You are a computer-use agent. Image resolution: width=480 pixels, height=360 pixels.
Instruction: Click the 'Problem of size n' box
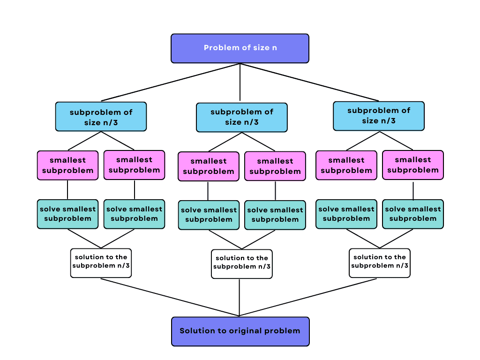pyautogui.click(x=240, y=48)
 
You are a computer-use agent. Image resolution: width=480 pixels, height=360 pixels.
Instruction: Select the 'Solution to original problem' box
pyautogui.click(x=240, y=331)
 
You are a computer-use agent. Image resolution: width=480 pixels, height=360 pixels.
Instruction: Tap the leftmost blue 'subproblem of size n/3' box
pyautogui.click(x=101, y=117)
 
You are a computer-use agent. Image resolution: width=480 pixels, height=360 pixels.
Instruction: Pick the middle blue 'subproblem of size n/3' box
pyautogui.click(x=241, y=117)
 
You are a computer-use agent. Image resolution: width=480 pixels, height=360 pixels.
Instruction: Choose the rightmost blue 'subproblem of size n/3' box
pyautogui.click(x=378, y=116)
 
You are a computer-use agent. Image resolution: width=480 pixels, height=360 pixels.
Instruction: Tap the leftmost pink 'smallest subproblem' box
pyautogui.click(x=68, y=165)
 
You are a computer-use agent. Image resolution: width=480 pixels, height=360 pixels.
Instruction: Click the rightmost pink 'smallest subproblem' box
pyautogui.click(x=412, y=165)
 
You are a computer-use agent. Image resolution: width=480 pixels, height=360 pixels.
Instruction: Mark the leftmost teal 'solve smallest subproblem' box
pyautogui.click(x=68, y=214)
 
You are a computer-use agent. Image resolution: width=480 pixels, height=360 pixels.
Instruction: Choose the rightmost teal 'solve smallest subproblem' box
pyautogui.click(x=412, y=214)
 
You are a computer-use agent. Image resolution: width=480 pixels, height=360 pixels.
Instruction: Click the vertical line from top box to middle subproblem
pyautogui.click(x=240, y=82)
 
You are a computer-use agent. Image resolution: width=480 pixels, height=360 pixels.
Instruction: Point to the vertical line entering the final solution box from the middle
pyautogui.click(x=240, y=298)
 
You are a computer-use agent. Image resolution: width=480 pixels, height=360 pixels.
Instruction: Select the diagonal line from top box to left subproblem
pyautogui.click(x=171, y=82)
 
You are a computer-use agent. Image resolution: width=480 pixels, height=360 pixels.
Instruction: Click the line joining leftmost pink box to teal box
pyautogui.click(x=68, y=190)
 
